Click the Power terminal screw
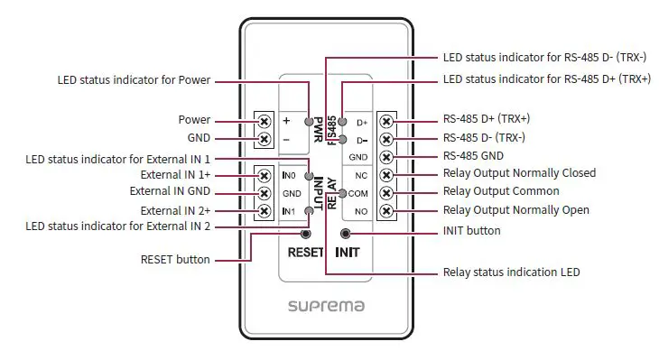tap(265, 120)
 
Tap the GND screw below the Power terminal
tap(265, 139)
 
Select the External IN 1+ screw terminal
tap(265, 174)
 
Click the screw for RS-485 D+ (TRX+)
tap(386, 121)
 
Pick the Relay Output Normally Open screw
tap(386, 211)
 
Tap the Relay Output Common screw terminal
tap(386, 192)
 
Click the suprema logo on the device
tap(326, 306)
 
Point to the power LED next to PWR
tap(309, 120)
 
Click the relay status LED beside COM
tap(342, 193)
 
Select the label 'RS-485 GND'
tap(472, 155)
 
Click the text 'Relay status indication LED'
tap(511, 272)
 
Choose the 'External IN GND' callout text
tap(170, 191)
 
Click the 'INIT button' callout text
tap(471, 231)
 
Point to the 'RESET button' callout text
tap(175, 260)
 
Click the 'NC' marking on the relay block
tap(361, 175)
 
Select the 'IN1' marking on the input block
tap(289, 211)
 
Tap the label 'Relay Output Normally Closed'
tap(519, 173)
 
